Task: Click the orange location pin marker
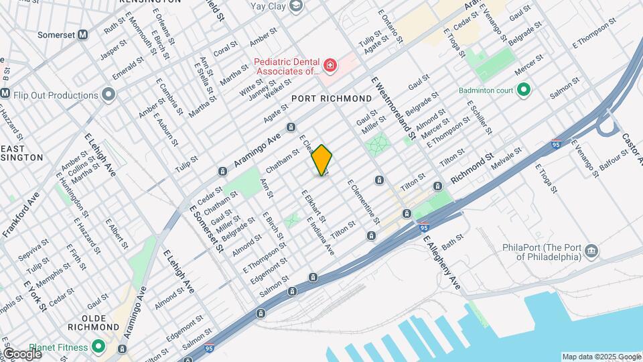pyautogui.click(x=322, y=160)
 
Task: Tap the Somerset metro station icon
pyautogui.click(x=83, y=34)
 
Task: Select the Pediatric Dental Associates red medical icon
pyautogui.click(x=330, y=66)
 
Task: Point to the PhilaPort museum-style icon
pyautogui.click(x=591, y=251)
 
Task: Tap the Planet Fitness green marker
pyautogui.click(x=98, y=347)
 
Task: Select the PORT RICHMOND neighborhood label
pyautogui.click(x=332, y=99)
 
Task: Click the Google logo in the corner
pyautogui.click(x=21, y=353)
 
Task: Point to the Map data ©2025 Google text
pyautogui.click(x=601, y=357)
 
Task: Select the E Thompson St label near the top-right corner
pyautogui.click(x=593, y=33)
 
